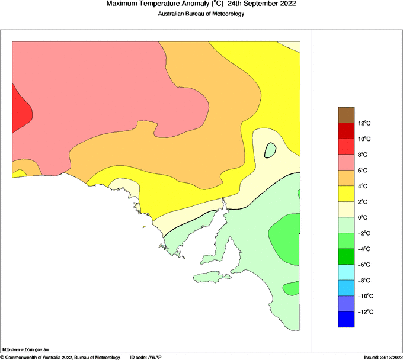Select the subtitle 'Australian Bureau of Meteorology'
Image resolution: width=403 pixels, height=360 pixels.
click(201, 14)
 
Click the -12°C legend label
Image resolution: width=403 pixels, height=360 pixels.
click(365, 311)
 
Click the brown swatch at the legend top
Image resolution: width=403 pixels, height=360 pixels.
click(346, 115)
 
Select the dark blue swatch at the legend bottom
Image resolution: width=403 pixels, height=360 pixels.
click(346, 319)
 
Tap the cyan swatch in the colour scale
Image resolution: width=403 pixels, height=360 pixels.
click(346, 272)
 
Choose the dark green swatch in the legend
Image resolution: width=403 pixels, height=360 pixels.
click(346, 256)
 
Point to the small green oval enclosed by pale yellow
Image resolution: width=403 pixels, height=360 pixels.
click(270, 150)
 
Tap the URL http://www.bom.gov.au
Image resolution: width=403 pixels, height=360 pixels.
click(25, 351)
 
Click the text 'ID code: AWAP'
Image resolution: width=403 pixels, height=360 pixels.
click(146, 357)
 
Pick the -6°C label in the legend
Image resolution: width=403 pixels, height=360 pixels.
click(364, 265)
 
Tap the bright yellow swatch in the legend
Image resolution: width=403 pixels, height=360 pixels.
click(346, 194)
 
